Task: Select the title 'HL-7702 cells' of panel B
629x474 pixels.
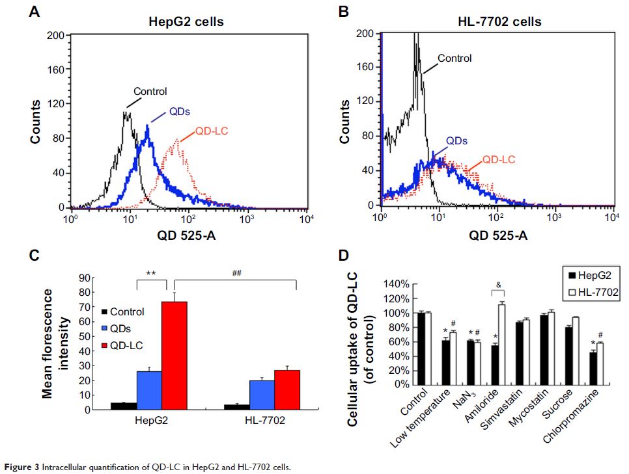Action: pos(499,22)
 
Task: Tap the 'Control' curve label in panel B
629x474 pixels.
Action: pos(454,58)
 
